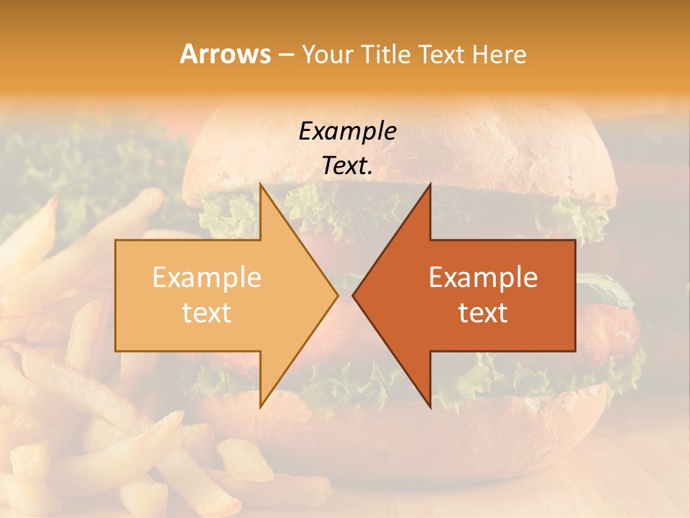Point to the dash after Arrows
[x=285, y=55]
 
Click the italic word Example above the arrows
[x=347, y=131]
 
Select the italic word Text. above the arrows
[x=347, y=165]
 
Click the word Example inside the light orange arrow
[x=207, y=277]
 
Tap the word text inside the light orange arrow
[x=207, y=312]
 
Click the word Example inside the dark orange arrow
[x=483, y=277]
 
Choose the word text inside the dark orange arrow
[x=483, y=312]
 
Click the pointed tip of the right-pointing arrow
[x=337, y=294]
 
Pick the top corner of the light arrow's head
[x=261, y=184]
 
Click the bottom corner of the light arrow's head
[x=261, y=406]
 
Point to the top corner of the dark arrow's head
[x=430, y=184]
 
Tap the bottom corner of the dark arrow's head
[x=430, y=406]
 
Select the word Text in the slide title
[x=444, y=54]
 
